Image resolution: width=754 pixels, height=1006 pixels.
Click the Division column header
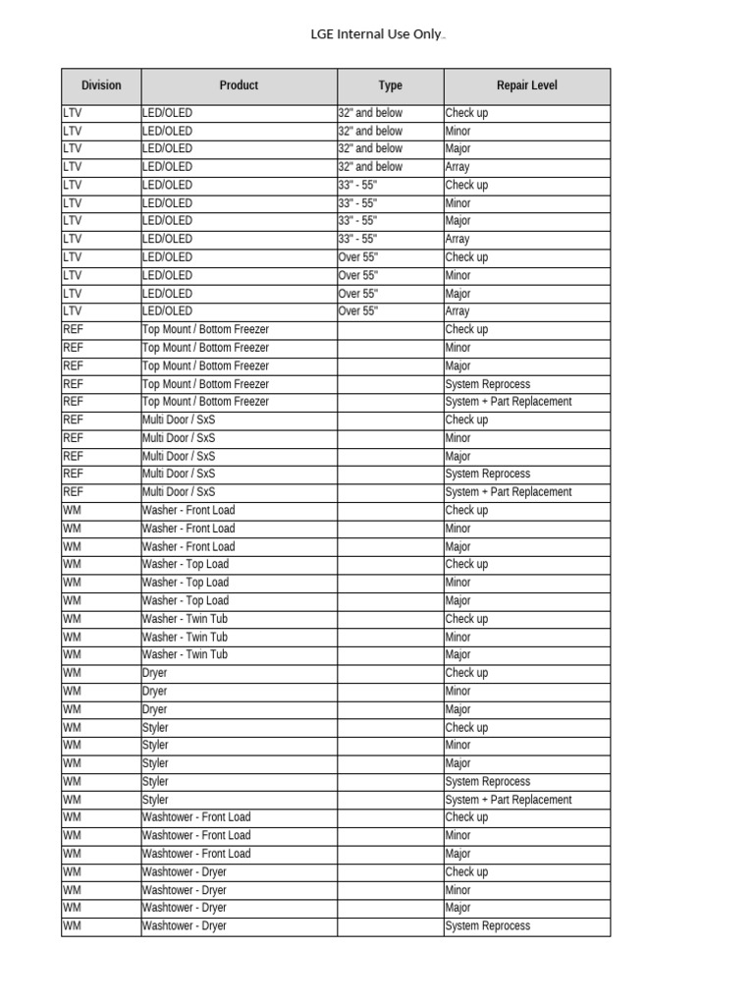(101, 85)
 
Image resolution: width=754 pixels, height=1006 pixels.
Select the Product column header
(239, 85)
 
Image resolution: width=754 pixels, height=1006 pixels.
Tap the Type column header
(391, 85)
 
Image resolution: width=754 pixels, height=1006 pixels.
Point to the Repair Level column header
(526, 85)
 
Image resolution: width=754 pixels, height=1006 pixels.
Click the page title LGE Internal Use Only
(377, 35)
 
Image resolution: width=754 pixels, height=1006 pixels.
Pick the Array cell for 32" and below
(458, 167)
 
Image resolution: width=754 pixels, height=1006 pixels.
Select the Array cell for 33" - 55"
(458, 239)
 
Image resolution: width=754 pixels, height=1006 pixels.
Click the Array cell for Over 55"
(458, 311)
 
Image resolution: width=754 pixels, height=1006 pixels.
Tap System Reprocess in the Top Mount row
(487, 384)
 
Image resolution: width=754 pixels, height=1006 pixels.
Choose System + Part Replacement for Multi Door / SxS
(508, 492)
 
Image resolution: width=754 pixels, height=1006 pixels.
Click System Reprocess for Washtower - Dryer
(487, 926)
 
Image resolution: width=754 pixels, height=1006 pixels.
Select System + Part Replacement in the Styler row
(508, 800)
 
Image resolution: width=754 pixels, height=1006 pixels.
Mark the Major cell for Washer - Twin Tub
(458, 654)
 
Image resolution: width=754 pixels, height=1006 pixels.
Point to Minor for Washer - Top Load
(458, 583)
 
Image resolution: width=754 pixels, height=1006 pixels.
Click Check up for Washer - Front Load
(466, 510)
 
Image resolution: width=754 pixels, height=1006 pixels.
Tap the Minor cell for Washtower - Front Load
(458, 836)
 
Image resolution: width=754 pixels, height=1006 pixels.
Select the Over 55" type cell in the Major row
(357, 294)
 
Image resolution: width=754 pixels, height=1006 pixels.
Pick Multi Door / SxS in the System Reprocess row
(179, 474)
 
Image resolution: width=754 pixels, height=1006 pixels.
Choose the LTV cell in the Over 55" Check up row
(73, 257)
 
